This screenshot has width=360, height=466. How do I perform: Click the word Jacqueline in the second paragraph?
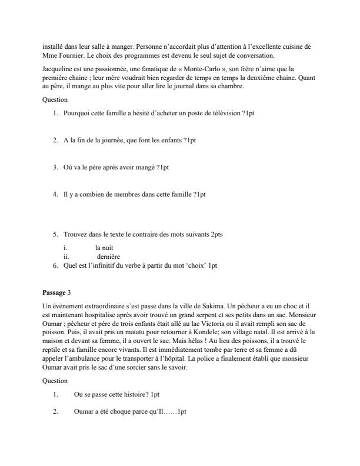(58, 69)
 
